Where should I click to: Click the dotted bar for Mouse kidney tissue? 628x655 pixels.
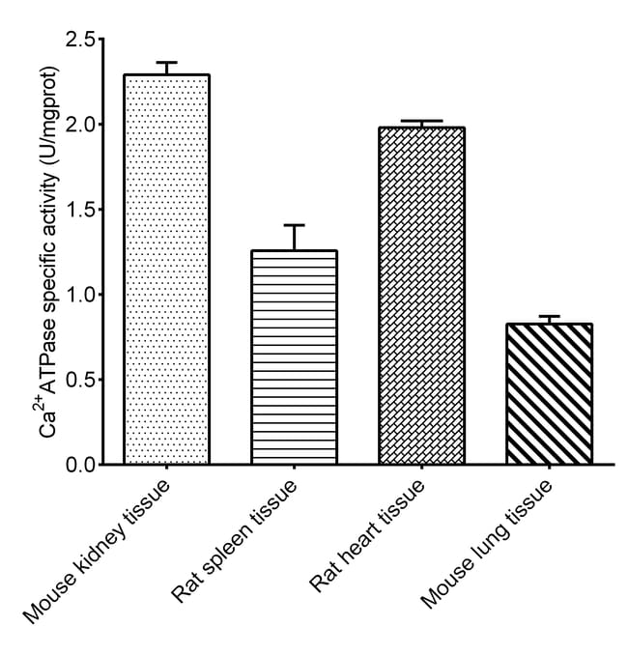(x=167, y=270)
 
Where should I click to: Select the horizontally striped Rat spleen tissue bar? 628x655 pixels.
(x=294, y=357)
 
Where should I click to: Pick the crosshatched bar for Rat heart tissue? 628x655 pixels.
(x=422, y=296)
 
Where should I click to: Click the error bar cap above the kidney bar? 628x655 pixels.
(x=167, y=63)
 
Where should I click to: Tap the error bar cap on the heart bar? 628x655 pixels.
(x=422, y=122)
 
